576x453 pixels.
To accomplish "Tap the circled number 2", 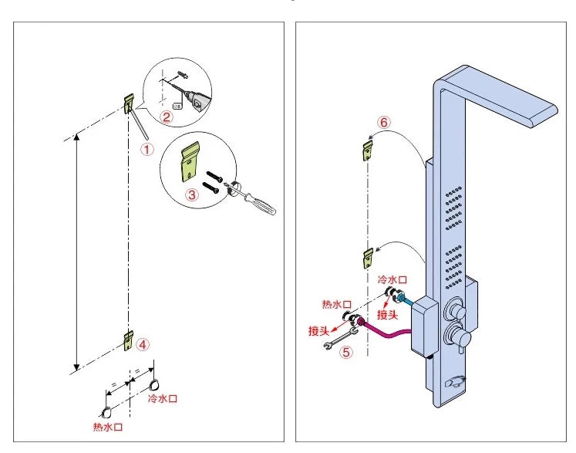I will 166,117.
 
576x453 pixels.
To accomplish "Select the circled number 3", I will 192,195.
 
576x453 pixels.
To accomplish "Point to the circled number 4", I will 143,345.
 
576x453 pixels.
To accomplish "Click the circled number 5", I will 347,353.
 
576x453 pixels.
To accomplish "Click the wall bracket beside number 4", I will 128,339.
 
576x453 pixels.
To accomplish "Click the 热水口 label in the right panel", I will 337,305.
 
